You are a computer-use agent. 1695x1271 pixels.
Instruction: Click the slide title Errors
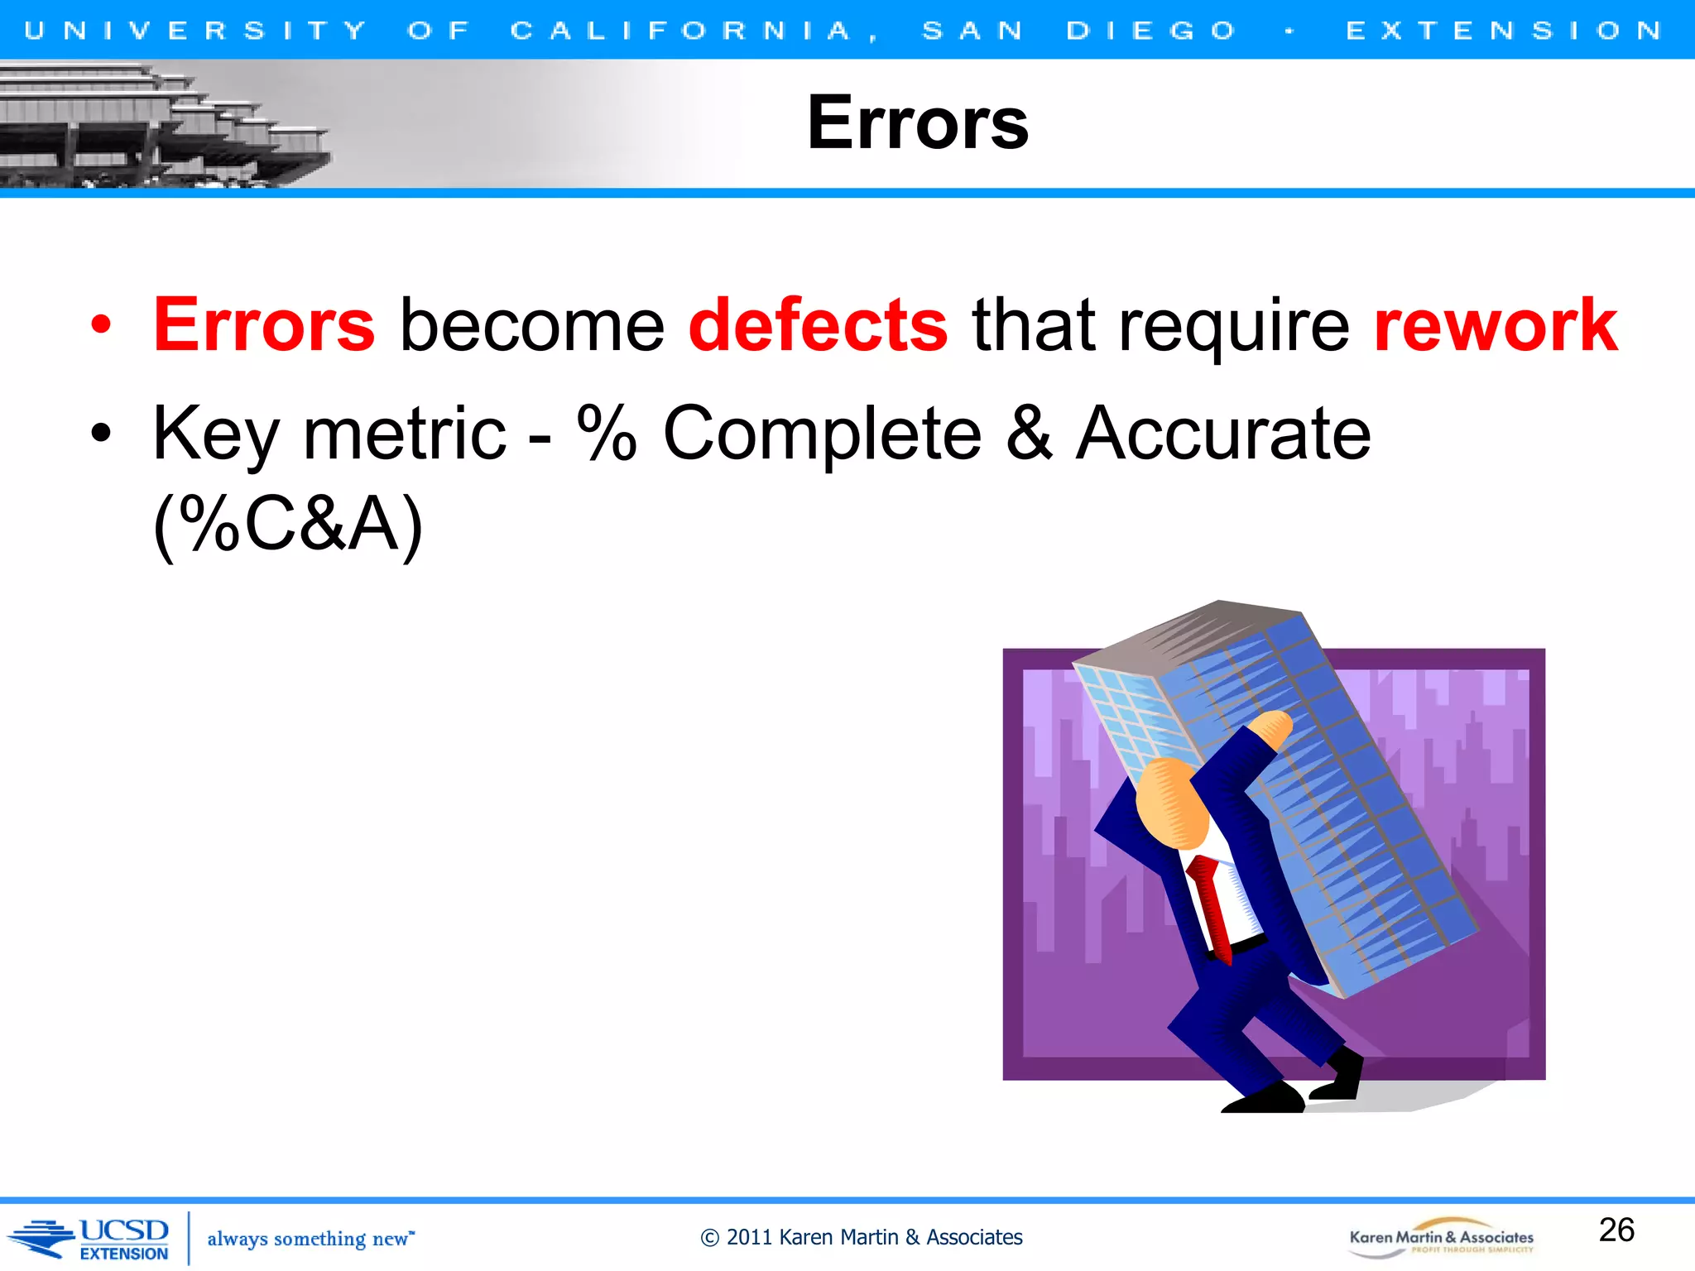[917, 123]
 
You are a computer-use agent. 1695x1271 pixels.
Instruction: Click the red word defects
[818, 325]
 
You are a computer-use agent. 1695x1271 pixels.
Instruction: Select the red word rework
[1495, 325]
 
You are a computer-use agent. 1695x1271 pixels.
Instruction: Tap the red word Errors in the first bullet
[264, 325]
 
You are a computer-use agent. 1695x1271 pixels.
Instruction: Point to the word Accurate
[1222, 434]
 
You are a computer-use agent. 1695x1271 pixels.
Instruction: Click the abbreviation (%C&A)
[288, 524]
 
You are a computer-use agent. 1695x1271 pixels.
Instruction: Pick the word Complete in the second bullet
[822, 434]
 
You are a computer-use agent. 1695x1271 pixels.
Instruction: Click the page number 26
[1616, 1230]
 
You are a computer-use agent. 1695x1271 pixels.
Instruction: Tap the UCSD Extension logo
[91, 1239]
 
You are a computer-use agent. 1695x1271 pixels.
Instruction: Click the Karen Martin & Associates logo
[1441, 1238]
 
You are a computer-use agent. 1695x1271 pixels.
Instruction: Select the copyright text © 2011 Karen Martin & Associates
[861, 1237]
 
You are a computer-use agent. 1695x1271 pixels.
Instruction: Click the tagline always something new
[310, 1239]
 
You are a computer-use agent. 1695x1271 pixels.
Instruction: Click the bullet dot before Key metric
[100, 434]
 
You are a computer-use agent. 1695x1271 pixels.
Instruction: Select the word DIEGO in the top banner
[1150, 31]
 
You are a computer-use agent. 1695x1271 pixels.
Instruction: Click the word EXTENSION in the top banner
[1504, 31]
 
